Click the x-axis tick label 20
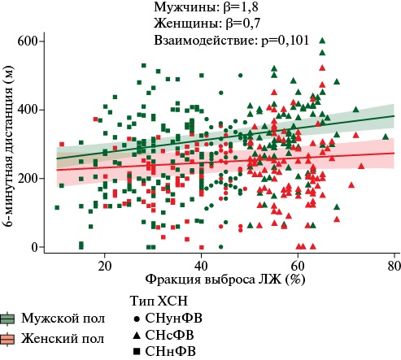point(104,267)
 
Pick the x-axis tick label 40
point(201,267)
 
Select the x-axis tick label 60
point(298,267)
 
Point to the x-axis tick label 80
point(394,267)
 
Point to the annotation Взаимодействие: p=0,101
point(231,40)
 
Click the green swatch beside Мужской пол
point(8,318)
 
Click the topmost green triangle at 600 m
point(323,41)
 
